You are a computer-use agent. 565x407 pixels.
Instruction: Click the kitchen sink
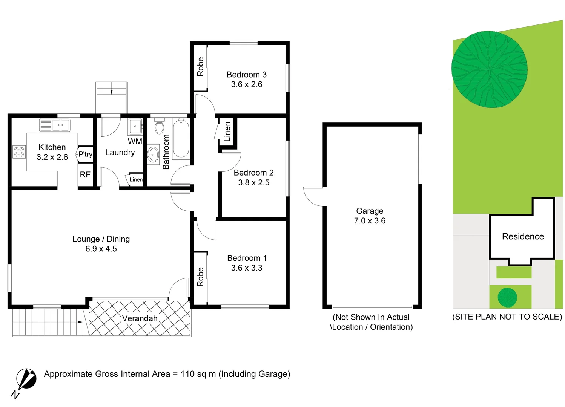60,125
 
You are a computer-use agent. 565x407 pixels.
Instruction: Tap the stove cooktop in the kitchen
19,152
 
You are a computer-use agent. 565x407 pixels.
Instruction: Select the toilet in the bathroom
159,127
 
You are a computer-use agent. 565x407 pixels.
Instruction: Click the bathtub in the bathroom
181,138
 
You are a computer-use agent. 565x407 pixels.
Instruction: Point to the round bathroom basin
153,155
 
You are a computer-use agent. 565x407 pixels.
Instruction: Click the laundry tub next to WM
135,127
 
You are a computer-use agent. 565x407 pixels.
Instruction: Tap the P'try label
85,154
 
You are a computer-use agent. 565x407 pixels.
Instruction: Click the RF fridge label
85,175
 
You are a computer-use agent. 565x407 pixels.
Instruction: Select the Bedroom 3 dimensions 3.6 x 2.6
247,84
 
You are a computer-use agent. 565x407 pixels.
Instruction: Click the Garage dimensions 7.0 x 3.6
370,221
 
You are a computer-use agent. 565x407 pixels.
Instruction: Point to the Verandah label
140,318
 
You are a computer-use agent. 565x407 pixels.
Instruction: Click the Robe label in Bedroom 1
200,277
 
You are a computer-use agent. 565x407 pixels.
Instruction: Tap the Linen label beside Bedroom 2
227,132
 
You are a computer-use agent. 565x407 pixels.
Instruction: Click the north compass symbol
26,379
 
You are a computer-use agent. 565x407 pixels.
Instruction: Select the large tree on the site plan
489,69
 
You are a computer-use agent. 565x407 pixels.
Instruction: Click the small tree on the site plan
507,297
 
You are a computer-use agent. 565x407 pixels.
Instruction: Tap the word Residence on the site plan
523,237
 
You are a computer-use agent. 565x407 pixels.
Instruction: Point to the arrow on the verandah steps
80,322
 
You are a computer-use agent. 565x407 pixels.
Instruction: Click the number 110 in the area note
187,374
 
